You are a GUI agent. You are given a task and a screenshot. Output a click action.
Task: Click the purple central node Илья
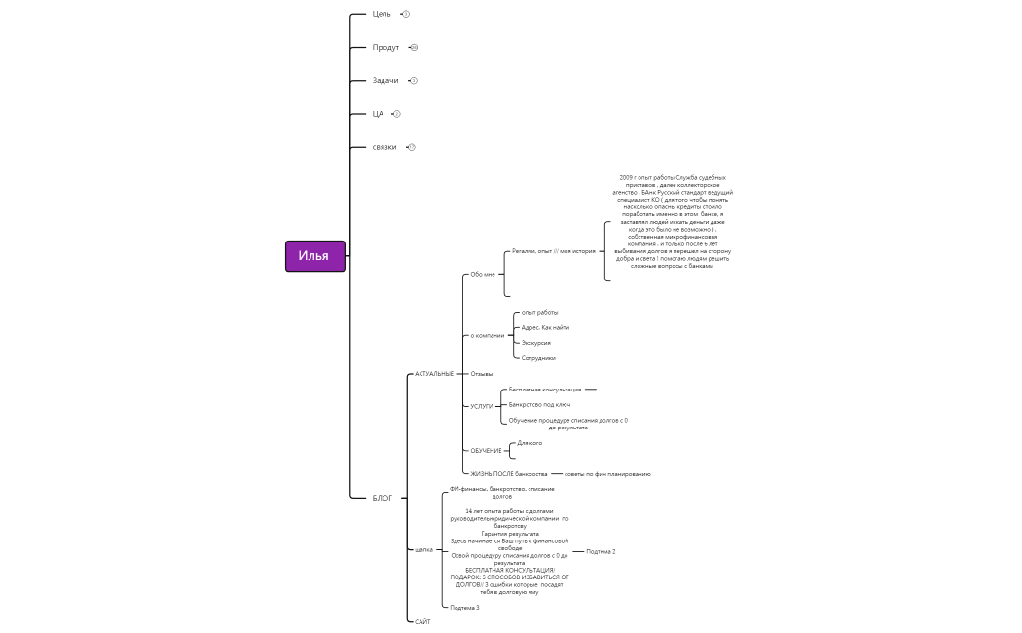(x=314, y=256)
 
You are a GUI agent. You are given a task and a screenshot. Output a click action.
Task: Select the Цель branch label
(x=382, y=14)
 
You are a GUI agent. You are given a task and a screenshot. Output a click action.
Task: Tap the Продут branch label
(x=385, y=47)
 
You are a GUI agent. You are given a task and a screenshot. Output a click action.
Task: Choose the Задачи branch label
(x=385, y=80)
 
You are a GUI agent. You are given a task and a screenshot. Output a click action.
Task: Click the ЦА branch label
(x=378, y=114)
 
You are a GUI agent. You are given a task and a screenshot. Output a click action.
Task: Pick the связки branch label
(x=384, y=147)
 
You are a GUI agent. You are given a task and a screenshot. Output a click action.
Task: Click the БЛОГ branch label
(x=383, y=498)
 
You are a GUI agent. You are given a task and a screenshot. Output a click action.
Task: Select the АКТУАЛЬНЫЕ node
(x=434, y=374)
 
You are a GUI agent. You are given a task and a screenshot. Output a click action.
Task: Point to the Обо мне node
(x=483, y=274)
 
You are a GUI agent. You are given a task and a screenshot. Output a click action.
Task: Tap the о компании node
(x=488, y=335)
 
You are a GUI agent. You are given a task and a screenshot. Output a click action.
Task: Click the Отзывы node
(x=482, y=374)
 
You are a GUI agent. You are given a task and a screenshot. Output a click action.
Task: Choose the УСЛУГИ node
(x=482, y=406)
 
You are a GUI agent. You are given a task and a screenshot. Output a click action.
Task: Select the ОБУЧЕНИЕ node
(x=486, y=451)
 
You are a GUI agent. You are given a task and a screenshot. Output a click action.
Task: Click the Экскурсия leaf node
(x=536, y=343)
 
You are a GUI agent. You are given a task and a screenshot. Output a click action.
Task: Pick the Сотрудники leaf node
(x=538, y=358)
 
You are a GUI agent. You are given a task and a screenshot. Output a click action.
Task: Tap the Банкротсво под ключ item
(x=539, y=404)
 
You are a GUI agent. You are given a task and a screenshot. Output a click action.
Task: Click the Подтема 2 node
(x=601, y=551)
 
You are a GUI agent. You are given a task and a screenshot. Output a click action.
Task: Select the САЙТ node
(x=422, y=621)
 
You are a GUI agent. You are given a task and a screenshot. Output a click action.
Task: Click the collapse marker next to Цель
(x=406, y=14)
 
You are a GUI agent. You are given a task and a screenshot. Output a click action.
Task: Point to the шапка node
(x=423, y=549)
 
